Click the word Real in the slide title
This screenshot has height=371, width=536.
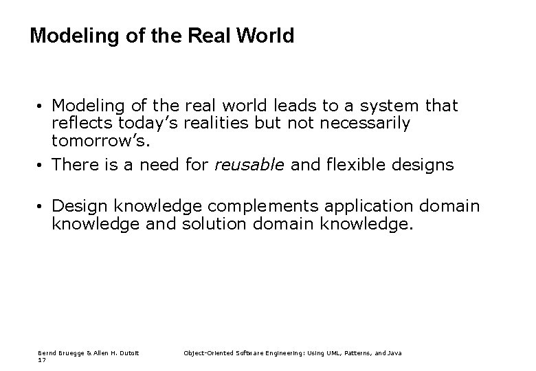[210, 36]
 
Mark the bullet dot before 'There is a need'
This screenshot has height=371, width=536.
[42, 166]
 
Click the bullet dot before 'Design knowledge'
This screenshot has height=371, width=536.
[42, 207]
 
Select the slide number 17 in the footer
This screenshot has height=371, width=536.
[41, 360]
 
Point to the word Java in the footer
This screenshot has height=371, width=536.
[394, 353]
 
